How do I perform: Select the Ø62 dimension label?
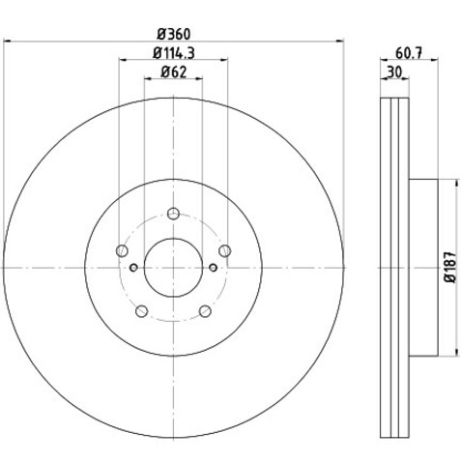pos(174,72)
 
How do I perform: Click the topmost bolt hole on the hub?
pos(174,214)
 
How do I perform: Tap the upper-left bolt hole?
pos(122,251)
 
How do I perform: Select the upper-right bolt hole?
pos(225,251)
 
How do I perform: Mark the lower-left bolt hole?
pos(142,311)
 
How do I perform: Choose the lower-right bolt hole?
pos(206,311)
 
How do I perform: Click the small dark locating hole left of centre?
pos(133,268)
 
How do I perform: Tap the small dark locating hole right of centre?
pos(214,268)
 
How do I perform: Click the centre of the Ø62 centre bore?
pos(174,268)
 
